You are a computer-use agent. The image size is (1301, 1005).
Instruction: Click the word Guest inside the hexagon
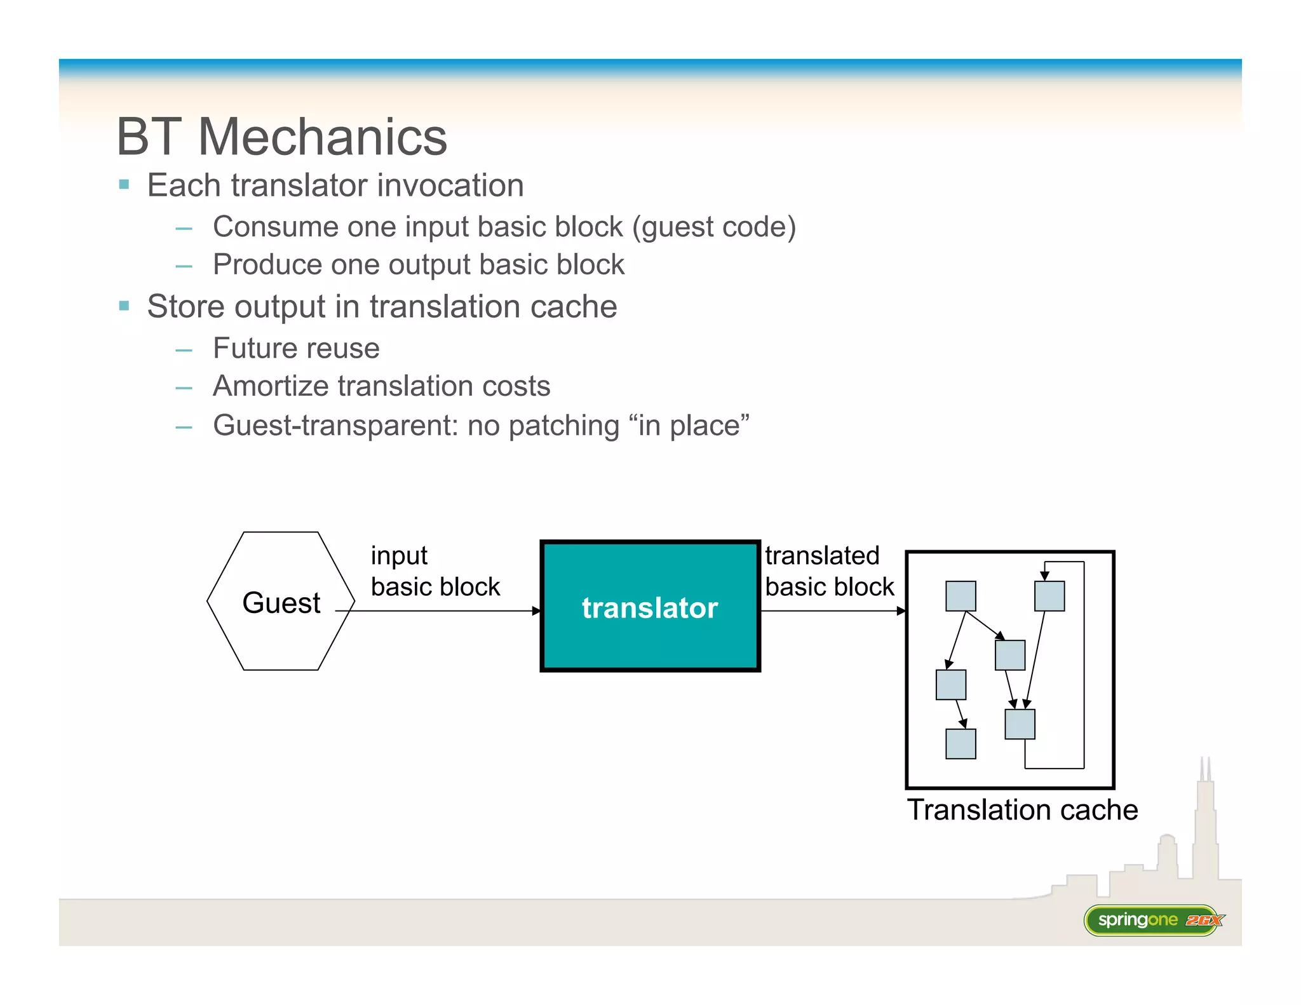point(281,602)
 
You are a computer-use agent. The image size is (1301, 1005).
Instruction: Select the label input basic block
point(435,570)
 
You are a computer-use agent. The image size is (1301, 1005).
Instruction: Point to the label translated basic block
point(828,570)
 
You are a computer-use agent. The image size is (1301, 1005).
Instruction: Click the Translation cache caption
point(1021,810)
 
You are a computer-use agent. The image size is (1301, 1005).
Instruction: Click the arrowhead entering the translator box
point(536,610)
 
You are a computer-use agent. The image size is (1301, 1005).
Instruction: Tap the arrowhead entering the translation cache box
point(901,610)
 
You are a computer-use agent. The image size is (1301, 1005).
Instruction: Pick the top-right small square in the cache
point(1049,596)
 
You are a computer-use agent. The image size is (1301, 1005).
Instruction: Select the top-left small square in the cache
point(961,596)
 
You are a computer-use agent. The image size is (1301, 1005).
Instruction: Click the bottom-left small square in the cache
point(961,744)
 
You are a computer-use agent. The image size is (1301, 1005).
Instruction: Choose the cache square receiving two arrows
point(1020,724)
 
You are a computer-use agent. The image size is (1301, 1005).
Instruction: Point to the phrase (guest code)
point(713,227)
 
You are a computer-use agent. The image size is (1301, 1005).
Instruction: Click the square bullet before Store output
point(125,306)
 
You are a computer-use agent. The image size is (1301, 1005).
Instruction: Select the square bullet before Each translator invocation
point(125,185)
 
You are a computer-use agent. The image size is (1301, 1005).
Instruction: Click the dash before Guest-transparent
point(184,427)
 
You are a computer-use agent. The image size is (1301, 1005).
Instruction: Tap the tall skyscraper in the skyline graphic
point(1205,826)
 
